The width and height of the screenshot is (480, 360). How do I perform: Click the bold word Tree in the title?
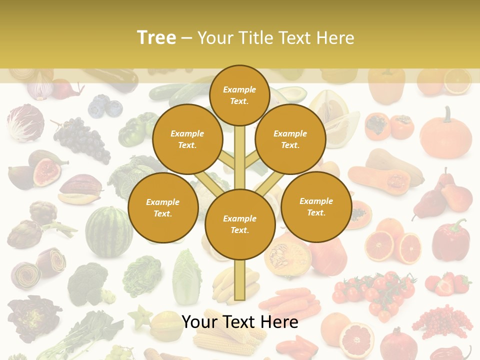tap(156, 37)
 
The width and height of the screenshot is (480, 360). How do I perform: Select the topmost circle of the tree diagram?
tap(239, 95)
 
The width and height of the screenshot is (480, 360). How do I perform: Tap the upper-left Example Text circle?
tap(187, 139)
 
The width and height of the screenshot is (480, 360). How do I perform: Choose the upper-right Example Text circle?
tap(290, 139)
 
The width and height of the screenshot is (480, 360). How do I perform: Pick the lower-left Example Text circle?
tap(163, 207)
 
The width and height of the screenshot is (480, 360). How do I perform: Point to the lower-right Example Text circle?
tap(316, 206)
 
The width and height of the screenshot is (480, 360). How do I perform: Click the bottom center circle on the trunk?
tap(240, 224)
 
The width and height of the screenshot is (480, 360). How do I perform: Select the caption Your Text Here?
tap(240, 322)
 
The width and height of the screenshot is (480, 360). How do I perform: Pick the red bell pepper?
tap(450, 240)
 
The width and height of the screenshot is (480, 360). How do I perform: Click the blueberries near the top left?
tap(105, 107)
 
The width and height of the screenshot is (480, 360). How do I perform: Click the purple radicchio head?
tap(25, 122)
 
